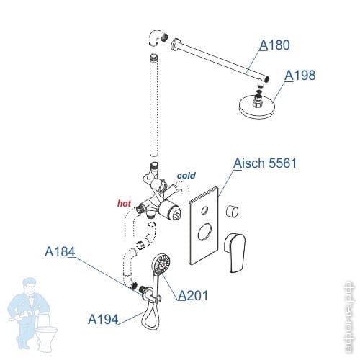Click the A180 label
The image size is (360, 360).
pos(274,45)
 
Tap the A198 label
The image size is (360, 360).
pos(300,76)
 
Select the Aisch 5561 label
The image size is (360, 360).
pos(265,163)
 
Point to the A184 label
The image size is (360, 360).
pos(60,252)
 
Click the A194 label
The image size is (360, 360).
pos(103,320)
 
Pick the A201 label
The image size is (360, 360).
pos(193,295)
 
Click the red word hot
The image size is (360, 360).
pos(124,204)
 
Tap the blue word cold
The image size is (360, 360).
pos(186,176)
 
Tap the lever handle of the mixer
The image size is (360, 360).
pos(235,252)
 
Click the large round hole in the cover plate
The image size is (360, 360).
pos(205,232)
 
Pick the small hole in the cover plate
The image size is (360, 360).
pos(204,210)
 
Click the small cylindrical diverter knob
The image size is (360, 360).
pos(232,212)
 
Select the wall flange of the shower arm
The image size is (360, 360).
pos(174,45)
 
